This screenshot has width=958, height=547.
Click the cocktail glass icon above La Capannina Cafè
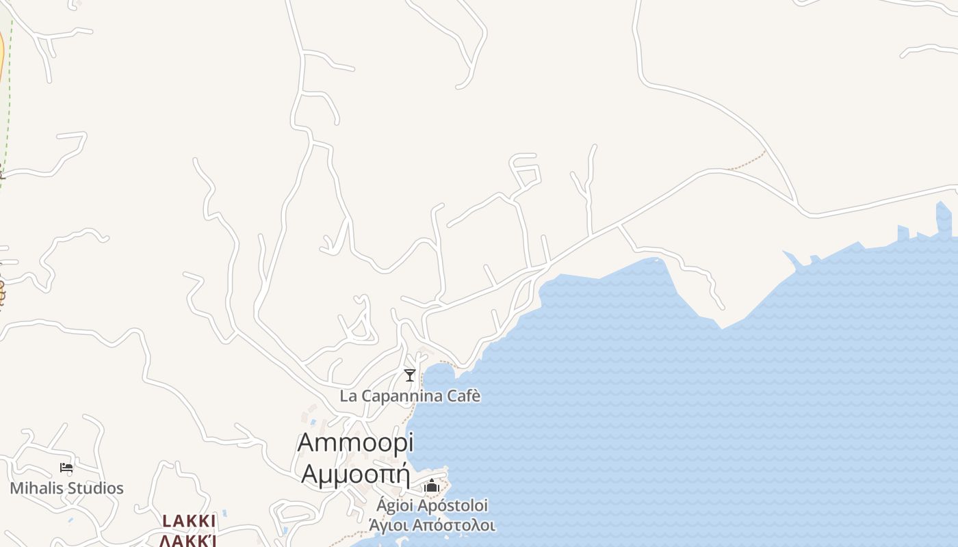click(x=410, y=375)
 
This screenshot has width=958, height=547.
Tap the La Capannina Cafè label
click(x=410, y=396)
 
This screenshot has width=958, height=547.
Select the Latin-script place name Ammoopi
click(x=355, y=442)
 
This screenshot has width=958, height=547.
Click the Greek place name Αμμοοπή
click(x=355, y=472)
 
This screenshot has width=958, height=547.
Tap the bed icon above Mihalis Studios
click(x=66, y=468)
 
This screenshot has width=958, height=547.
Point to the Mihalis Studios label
click(x=66, y=488)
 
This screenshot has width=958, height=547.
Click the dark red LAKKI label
click(x=189, y=521)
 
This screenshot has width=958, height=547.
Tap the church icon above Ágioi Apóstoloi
click(x=432, y=486)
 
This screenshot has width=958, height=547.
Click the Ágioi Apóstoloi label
click(x=432, y=506)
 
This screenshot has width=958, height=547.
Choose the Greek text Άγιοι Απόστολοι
click(x=432, y=526)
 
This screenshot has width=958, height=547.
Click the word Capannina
click(x=409, y=396)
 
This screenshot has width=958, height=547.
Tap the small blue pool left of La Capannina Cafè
click(x=313, y=422)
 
